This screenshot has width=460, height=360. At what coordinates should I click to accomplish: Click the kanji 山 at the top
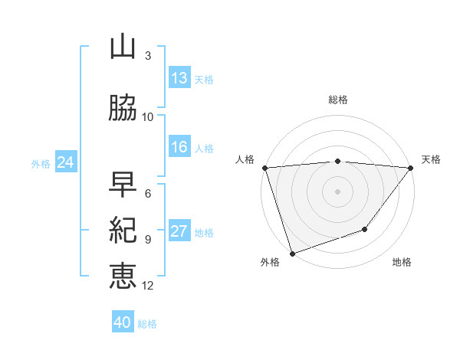(x=123, y=47)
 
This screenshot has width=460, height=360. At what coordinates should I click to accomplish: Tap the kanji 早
(x=123, y=185)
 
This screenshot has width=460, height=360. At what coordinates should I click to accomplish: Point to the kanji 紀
(x=123, y=230)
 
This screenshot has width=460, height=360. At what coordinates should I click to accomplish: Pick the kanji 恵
(x=123, y=275)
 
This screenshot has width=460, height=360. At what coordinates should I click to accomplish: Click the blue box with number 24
(x=65, y=162)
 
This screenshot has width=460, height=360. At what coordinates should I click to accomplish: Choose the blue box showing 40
(x=123, y=322)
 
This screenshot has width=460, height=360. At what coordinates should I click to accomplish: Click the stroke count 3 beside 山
(x=147, y=56)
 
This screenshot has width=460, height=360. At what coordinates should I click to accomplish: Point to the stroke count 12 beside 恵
(x=148, y=286)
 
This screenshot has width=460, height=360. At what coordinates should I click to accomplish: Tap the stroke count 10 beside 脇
(x=148, y=116)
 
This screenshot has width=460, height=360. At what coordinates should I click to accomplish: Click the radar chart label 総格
(x=338, y=100)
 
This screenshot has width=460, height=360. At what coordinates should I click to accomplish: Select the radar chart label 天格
(x=431, y=159)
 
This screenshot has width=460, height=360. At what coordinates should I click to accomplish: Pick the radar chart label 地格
(x=402, y=263)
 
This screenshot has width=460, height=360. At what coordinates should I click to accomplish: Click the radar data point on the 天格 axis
(x=411, y=168)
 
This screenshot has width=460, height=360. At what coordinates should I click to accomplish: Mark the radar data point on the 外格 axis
(x=292, y=253)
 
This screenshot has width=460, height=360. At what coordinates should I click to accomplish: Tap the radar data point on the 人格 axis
(x=264, y=168)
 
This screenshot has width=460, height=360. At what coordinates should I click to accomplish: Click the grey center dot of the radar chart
(x=338, y=191)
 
